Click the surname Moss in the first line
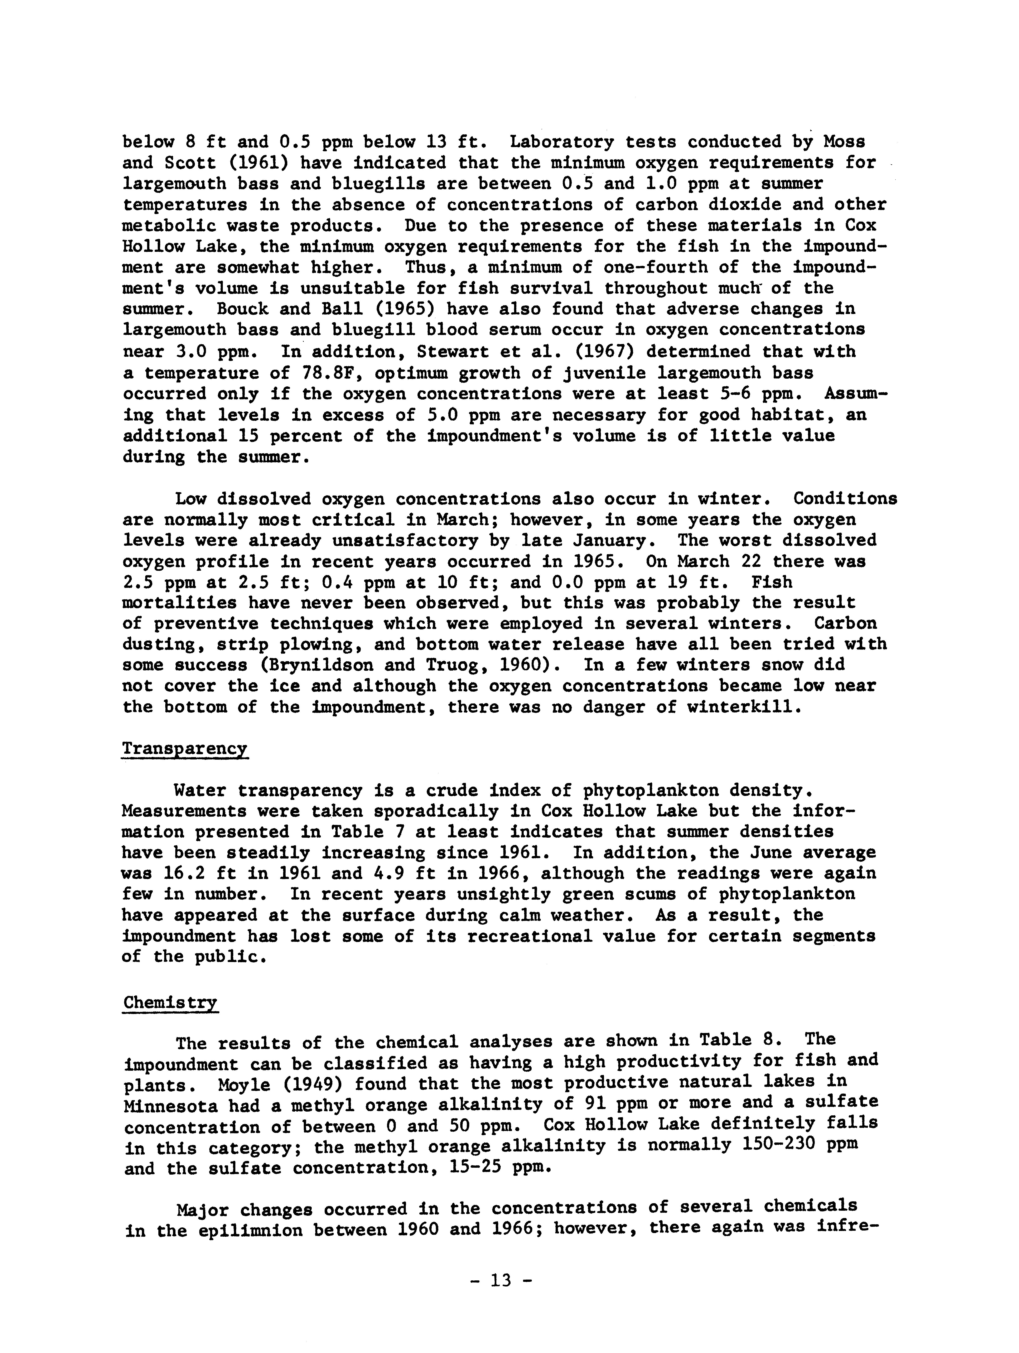844,142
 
